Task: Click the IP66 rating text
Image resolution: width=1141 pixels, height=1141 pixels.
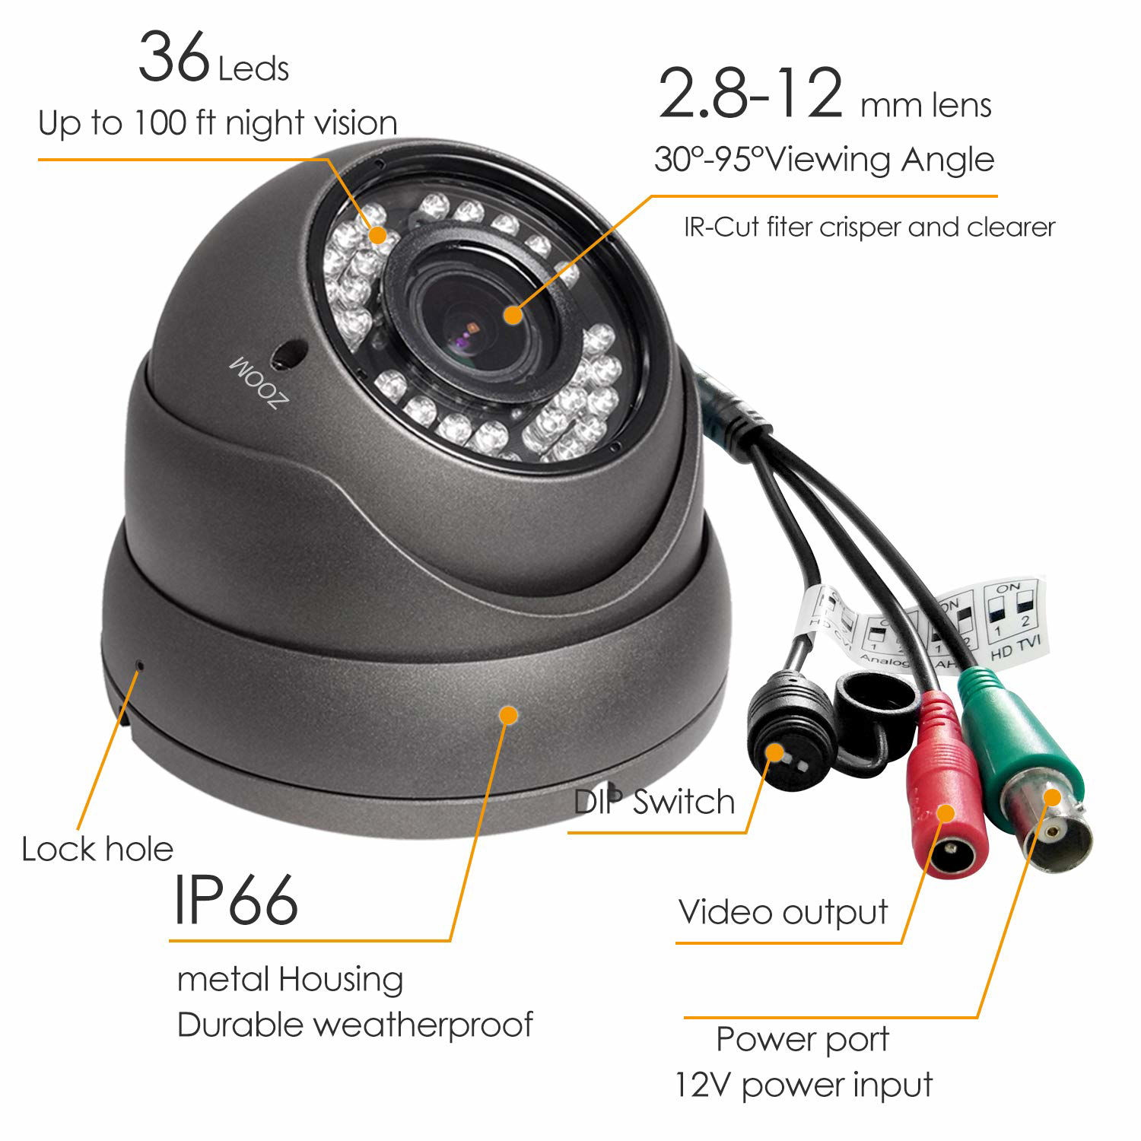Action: pos(236,901)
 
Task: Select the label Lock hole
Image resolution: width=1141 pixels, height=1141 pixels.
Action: pos(97,849)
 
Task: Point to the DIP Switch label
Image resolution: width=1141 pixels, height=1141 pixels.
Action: pos(654,802)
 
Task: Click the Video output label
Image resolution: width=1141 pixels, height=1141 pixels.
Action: pos(783,912)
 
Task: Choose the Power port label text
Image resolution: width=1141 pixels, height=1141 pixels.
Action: pos(803,1039)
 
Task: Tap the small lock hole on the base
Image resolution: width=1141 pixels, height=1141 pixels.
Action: pos(139,665)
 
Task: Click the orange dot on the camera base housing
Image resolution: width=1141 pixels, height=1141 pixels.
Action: pos(508,715)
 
